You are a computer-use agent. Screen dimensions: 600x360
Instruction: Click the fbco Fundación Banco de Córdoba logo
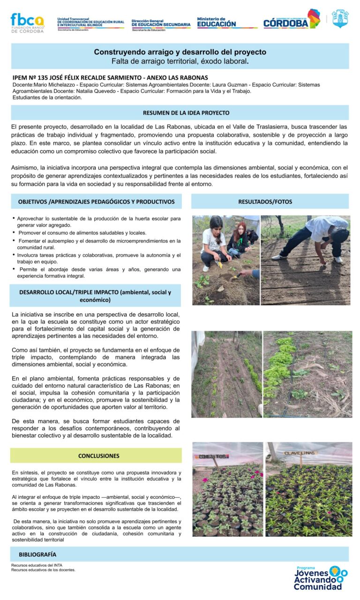[27, 22]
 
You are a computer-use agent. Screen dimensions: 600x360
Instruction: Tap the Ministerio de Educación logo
[217, 22]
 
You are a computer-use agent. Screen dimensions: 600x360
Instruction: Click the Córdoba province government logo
[291, 20]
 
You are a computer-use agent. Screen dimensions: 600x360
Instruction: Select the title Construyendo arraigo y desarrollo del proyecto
[180, 52]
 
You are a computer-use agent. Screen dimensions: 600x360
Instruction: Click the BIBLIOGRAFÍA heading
[37, 554]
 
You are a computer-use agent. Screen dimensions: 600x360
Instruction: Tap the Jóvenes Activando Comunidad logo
[321, 578]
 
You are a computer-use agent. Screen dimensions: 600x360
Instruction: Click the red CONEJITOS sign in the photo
[213, 456]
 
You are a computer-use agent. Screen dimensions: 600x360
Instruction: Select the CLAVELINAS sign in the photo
[300, 453]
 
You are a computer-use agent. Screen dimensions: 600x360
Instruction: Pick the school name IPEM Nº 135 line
[110, 77]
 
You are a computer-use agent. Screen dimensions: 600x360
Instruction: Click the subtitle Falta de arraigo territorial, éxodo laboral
[180, 61]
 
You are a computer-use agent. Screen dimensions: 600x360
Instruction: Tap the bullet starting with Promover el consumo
[82, 233]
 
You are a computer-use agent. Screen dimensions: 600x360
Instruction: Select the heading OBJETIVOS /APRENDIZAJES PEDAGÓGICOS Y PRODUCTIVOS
[96, 201]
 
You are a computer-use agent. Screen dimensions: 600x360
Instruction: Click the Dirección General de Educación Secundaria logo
[161, 23]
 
